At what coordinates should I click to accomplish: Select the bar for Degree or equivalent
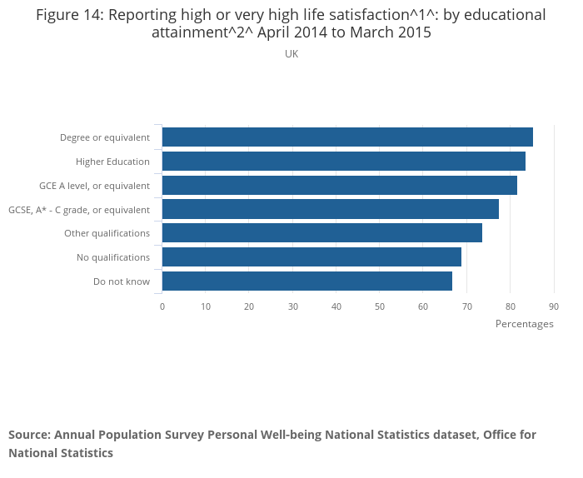347,137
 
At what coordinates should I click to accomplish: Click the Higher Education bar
343,162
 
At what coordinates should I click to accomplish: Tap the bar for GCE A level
339,186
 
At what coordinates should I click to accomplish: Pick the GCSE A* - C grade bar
330,209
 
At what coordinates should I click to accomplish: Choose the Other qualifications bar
321,233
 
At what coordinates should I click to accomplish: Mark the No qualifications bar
311,257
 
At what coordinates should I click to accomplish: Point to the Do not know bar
306,281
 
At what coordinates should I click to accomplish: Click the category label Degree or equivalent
105,137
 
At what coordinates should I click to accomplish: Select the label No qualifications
113,257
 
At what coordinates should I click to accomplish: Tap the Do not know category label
122,281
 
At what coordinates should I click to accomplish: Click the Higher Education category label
112,162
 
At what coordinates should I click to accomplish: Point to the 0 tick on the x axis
162,307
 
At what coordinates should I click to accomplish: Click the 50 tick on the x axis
380,307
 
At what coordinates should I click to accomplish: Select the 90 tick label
554,307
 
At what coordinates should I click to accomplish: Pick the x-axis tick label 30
293,307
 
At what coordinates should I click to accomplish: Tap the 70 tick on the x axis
466,307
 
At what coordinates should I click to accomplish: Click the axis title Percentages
524,324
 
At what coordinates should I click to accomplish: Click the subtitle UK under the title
291,54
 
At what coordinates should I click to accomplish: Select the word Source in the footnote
29,435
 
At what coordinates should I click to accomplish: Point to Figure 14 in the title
69,15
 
